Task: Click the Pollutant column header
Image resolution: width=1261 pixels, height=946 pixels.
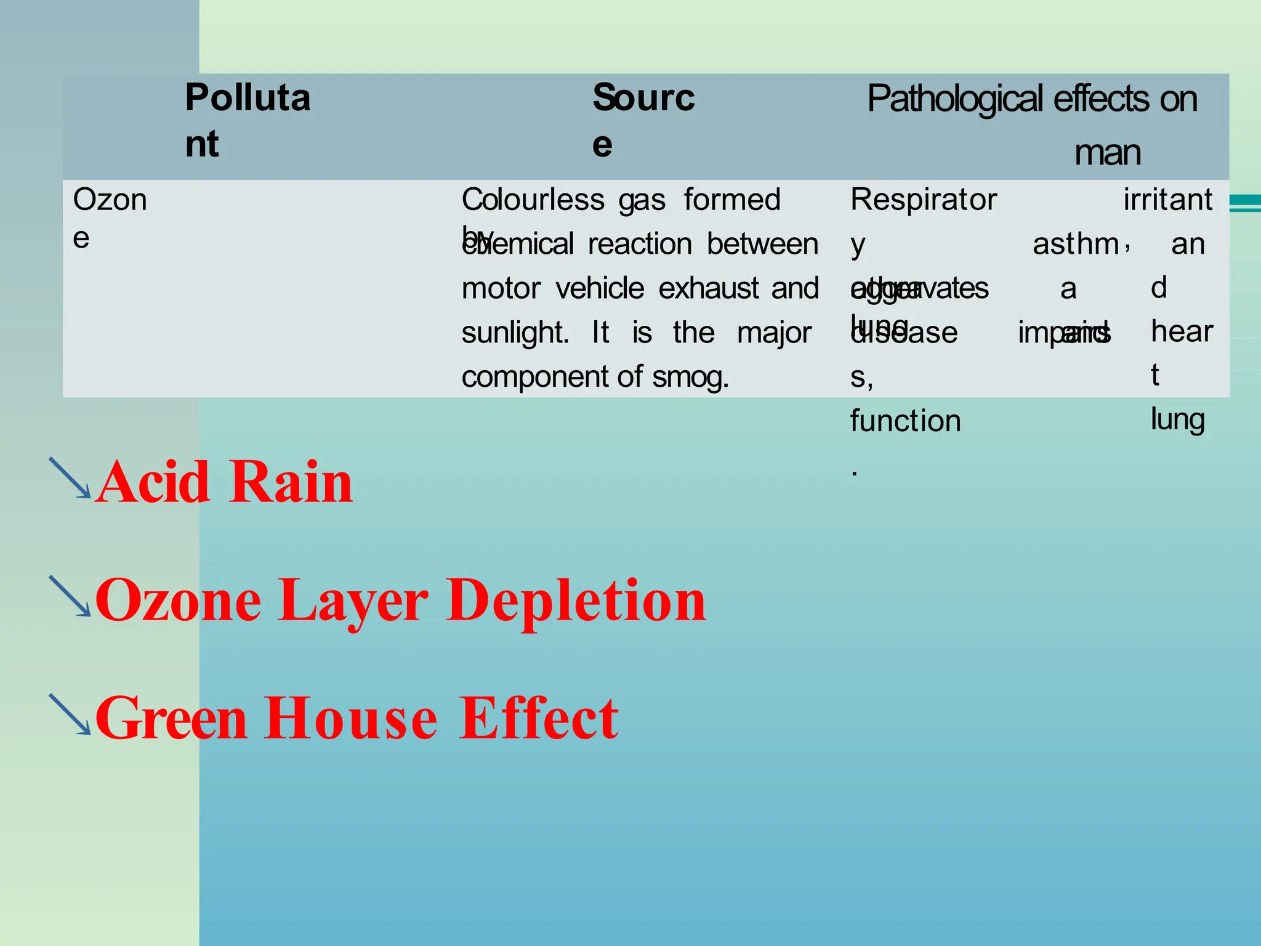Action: pos(248,120)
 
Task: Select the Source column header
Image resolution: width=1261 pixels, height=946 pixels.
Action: pos(643,120)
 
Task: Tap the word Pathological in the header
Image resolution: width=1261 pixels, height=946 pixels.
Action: pos(955,100)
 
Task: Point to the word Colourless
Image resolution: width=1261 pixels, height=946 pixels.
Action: pos(533,200)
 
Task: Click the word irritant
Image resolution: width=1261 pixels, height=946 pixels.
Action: pos(1167,200)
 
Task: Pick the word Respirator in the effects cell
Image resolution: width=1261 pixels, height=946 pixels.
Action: pos(923,200)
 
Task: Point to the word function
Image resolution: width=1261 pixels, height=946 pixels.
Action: pos(905,422)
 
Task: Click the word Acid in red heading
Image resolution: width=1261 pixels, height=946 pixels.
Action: pos(153,482)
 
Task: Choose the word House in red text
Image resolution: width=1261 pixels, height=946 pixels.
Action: pos(351,718)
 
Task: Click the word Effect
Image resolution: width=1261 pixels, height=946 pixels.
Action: pos(539,718)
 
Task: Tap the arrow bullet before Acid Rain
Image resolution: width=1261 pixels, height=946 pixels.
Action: pos(70,478)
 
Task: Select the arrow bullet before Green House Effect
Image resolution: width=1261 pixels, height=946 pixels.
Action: pos(70,714)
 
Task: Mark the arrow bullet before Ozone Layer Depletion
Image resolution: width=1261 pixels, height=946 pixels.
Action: pos(70,596)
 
